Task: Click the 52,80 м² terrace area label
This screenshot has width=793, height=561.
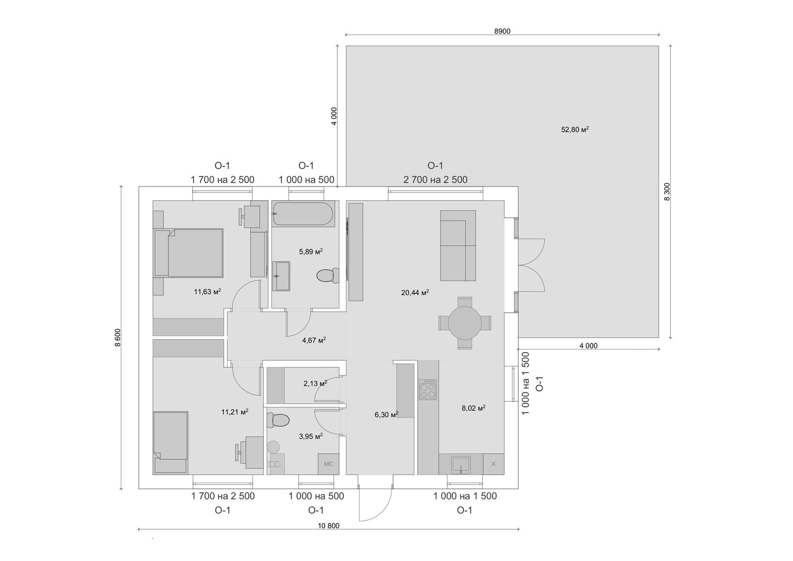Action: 574,129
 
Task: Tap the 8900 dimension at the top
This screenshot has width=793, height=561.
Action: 502,32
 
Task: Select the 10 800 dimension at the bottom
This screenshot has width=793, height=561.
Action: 329,526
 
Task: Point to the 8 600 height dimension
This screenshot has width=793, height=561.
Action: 118,337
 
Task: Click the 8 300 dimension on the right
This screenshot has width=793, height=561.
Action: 666,192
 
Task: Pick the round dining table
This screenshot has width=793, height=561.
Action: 464,323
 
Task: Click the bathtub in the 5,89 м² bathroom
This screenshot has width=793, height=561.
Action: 303,213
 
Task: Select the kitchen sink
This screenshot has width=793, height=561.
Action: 460,464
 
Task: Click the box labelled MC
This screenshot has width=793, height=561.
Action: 328,464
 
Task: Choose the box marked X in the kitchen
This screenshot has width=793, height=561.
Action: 493,464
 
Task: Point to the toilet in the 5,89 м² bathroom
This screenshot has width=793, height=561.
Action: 328,275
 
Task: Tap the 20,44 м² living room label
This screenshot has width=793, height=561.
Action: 414,293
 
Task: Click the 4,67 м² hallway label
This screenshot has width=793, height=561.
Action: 313,340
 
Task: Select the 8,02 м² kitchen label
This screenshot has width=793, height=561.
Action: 473,408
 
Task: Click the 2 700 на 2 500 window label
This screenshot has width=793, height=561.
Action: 435,179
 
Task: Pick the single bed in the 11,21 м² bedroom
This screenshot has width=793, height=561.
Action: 170,442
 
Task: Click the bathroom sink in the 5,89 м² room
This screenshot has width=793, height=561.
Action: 282,276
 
